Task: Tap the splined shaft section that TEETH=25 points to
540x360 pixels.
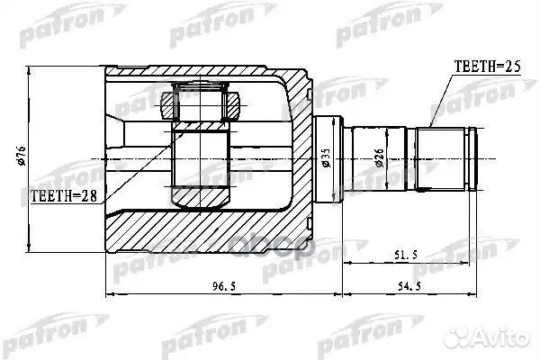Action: pyautogui.click(x=445, y=158)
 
